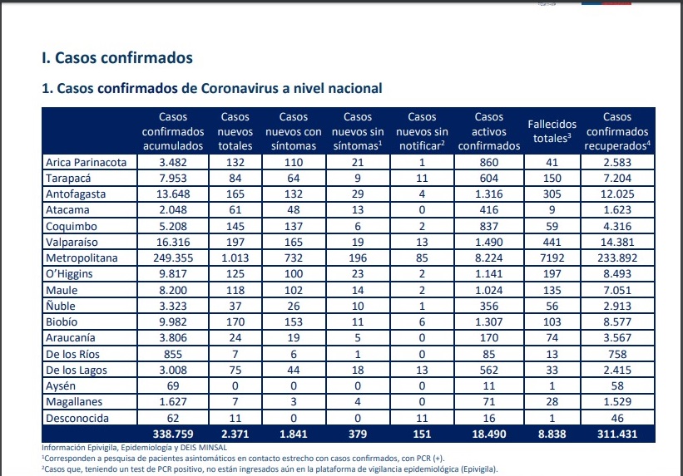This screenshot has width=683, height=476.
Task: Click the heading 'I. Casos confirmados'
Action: point(117,58)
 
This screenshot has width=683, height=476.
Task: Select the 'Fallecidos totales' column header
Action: point(552,131)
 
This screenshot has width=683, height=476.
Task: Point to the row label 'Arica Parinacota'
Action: point(87,163)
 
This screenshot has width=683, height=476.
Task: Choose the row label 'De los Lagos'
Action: point(77,370)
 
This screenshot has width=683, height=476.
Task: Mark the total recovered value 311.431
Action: point(616,434)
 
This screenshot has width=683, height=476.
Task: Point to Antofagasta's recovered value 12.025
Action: point(616,194)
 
